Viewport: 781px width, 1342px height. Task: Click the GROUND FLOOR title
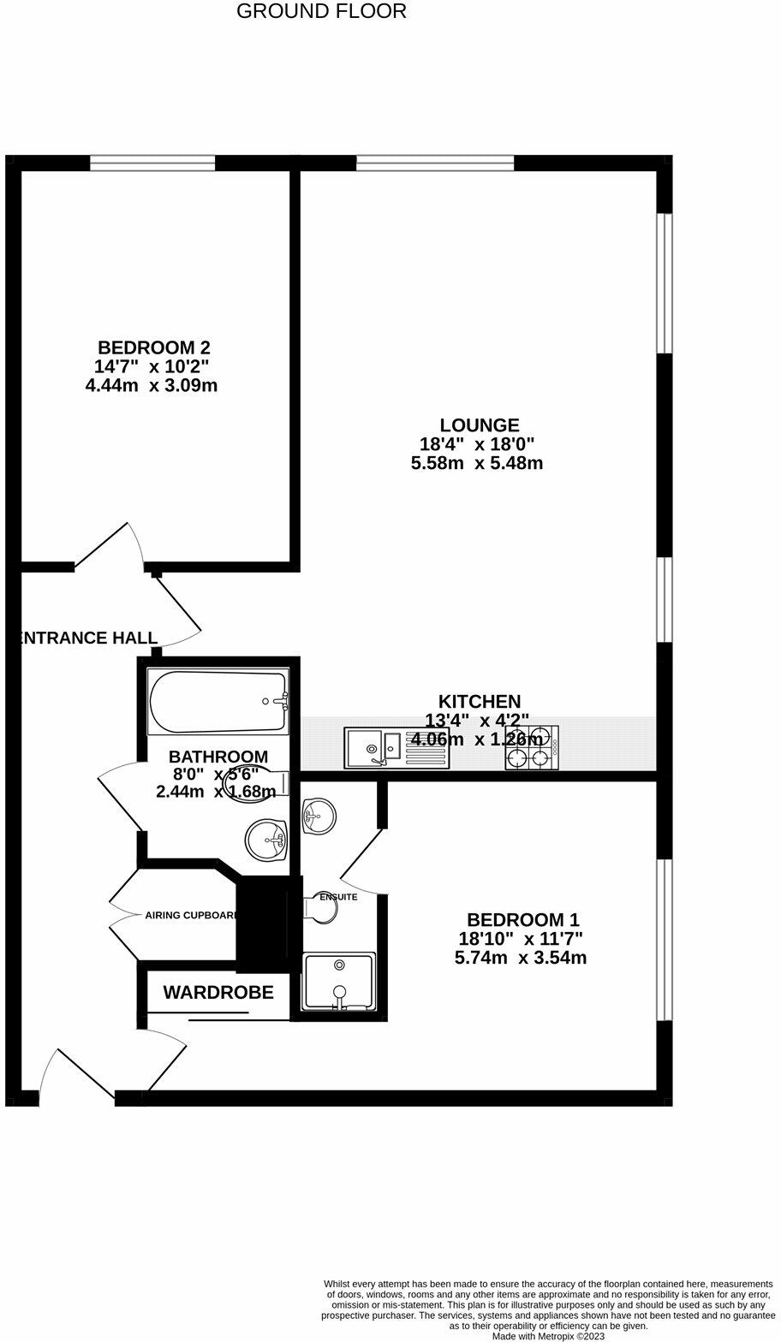click(x=321, y=11)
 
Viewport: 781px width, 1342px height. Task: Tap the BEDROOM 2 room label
click(x=154, y=347)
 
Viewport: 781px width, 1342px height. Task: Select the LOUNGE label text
click(x=480, y=425)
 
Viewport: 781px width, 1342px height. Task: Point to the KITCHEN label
click(x=480, y=702)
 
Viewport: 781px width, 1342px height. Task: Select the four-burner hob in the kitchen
click(x=532, y=747)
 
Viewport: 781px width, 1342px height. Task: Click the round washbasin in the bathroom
click(x=270, y=840)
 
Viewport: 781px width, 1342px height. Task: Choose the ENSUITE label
click(x=338, y=897)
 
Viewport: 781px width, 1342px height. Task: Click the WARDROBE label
click(x=218, y=993)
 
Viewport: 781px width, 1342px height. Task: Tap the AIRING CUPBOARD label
click(x=191, y=915)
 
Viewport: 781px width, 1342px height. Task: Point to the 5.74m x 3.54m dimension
click(x=521, y=958)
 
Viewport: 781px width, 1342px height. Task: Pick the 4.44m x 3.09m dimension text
click(x=152, y=385)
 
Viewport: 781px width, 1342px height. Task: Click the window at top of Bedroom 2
click(x=152, y=163)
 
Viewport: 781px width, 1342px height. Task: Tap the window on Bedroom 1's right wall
click(x=665, y=940)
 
